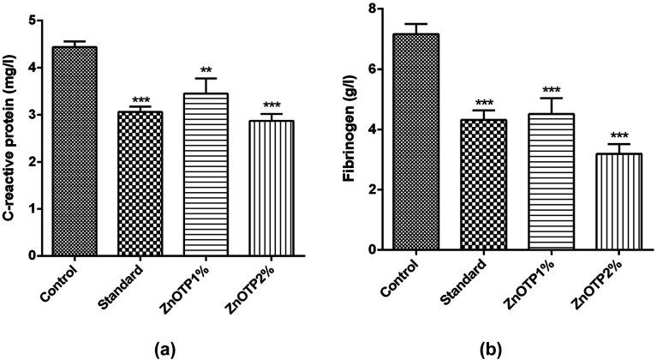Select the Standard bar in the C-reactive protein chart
pyautogui.click(x=134, y=183)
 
